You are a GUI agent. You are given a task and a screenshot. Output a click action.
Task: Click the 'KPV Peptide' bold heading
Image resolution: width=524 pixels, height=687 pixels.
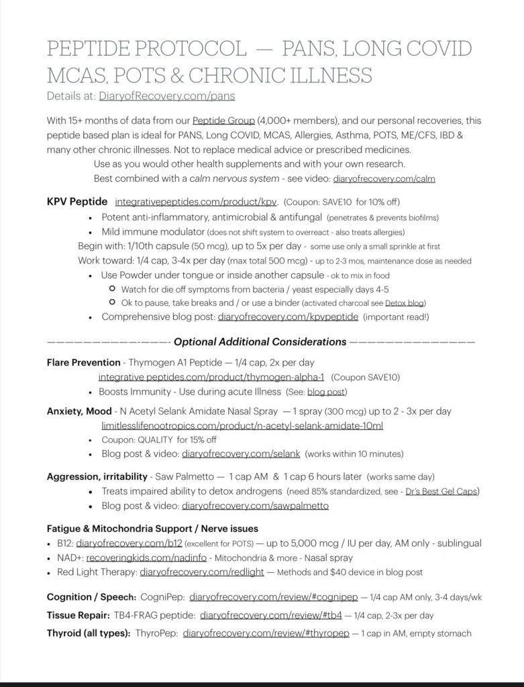click(x=77, y=201)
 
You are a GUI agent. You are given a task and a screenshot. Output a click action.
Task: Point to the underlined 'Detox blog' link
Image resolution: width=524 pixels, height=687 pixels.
click(x=405, y=303)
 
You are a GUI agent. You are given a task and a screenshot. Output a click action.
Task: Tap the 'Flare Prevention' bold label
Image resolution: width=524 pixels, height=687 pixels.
click(x=84, y=362)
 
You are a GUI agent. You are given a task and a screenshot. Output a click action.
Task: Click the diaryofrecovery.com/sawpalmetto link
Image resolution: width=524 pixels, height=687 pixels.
click(x=255, y=505)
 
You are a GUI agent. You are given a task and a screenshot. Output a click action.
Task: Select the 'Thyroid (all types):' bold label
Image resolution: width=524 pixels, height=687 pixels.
click(x=89, y=633)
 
